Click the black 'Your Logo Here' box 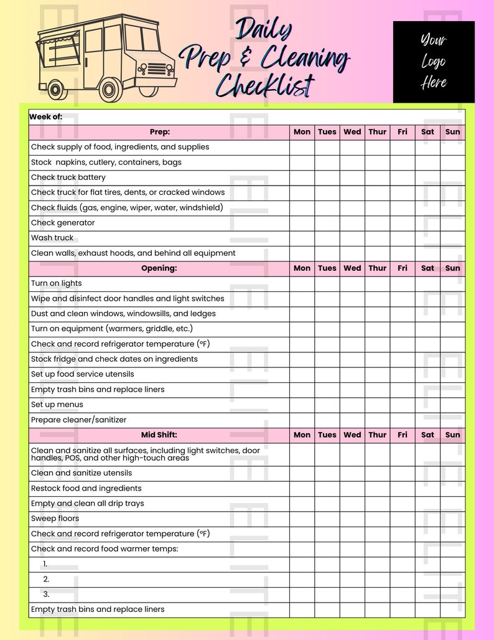tap(433, 62)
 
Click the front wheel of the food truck tap(111, 90)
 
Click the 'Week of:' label tap(46, 116)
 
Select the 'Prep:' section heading tap(160, 132)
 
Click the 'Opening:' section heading tap(160, 268)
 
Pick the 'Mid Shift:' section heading tap(160, 435)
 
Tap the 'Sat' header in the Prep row tap(427, 132)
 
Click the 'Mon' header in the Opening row tap(302, 268)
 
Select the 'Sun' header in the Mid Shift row tap(452, 435)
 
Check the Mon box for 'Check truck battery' tap(302, 177)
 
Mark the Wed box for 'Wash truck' tap(352, 238)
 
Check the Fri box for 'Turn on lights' tap(403, 283)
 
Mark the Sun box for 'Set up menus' tap(452, 405)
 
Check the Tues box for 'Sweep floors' tap(327, 519)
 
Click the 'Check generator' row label tap(63, 223)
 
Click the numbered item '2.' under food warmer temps tap(46, 579)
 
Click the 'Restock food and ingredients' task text tap(86, 488)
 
